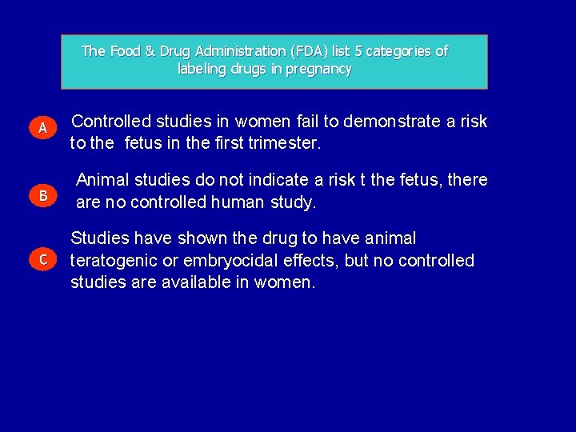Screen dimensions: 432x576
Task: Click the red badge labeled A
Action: tap(45, 127)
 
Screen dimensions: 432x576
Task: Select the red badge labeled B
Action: tap(44, 195)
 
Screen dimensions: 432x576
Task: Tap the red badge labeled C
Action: tap(44, 258)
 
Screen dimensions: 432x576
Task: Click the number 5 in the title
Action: tap(359, 51)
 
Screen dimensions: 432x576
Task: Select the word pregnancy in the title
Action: tap(318, 69)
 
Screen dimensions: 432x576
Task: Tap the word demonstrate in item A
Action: tap(389, 122)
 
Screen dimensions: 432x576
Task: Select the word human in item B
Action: tap(238, 202)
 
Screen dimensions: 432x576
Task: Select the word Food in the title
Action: tap(124, 51)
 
